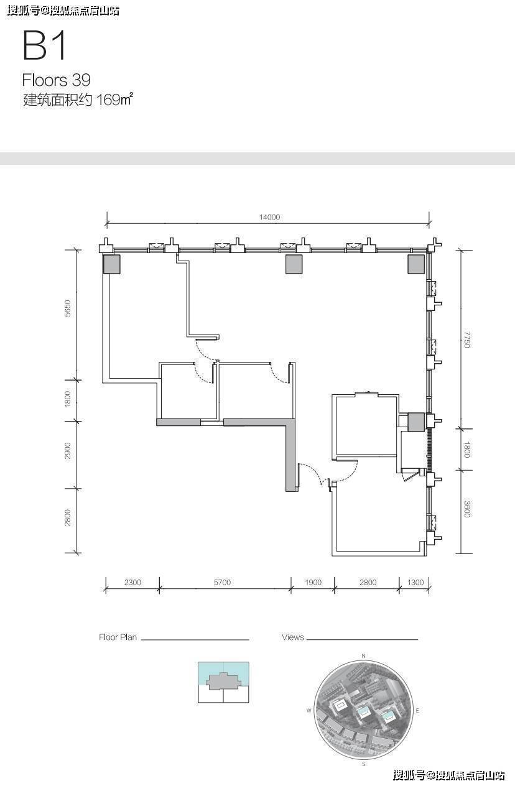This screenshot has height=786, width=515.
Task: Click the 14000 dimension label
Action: tap(269, 217)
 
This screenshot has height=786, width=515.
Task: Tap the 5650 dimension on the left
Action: tap(67, 308)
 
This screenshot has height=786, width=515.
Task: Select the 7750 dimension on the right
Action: tap(466, 340)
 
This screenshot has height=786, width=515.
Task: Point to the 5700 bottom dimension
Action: tap(222, 582)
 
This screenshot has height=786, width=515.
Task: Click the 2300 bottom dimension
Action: tap(132, 582)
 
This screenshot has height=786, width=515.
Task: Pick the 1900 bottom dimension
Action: tap(313, 582)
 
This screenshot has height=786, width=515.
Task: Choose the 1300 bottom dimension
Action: tap(415, 582)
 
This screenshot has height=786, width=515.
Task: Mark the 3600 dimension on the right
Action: tap(466, 509)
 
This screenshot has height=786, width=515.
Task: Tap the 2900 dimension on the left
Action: tap(67, 451)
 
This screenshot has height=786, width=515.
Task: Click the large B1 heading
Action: tap(44, 45)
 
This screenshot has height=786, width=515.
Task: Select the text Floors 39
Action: tap(56, 80)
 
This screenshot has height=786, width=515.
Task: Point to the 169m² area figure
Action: tap(114, 99)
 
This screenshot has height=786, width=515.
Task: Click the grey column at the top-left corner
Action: tap(111, 264)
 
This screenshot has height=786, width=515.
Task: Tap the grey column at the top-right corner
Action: tap(416, 264)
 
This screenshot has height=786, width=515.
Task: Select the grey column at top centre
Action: tap(294, 264)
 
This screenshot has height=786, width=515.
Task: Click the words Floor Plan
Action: tap(118, 637)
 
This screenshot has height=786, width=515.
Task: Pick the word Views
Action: tap(293, 637)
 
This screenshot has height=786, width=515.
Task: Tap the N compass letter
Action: tap(364, 656)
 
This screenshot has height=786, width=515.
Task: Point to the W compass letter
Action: tap(309, 711)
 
